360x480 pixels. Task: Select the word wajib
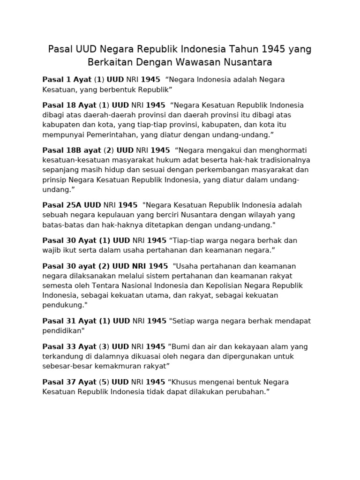coord(52,250)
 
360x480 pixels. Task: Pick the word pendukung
coord(64,305)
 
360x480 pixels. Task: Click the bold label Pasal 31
coord(59,321)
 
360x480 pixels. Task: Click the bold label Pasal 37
coord(59,382)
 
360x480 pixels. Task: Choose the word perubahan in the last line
coord(245,391)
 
